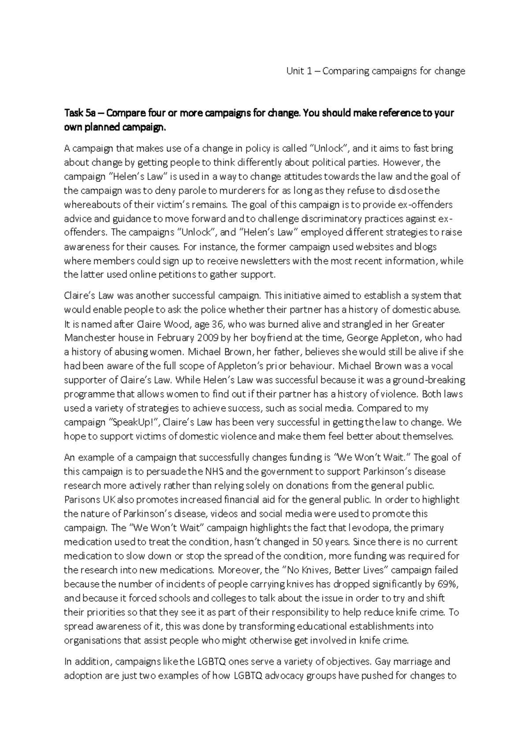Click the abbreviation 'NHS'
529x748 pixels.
click(214, 471)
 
